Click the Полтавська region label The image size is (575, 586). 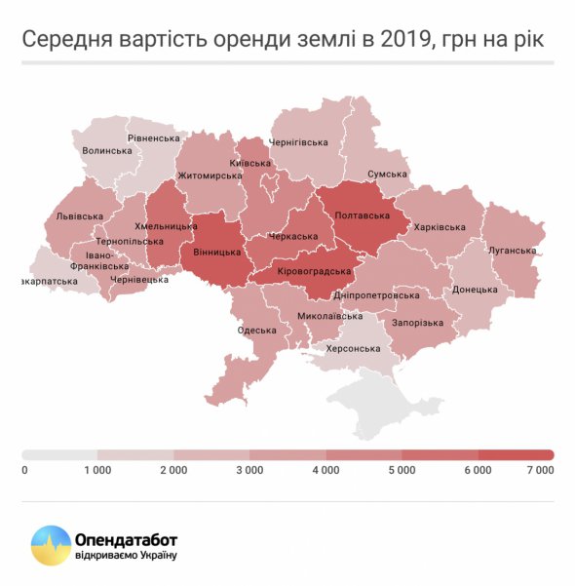[363, 215]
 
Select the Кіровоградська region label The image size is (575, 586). [314, 270]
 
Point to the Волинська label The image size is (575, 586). [107, 151]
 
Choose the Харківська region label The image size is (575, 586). [440, 227]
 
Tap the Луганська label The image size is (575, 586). [511, 251]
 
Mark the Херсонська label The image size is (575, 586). [354, 348]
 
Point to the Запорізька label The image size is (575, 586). [417, 323]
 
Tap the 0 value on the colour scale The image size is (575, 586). [24, 470]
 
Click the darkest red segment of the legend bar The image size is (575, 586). [516, 454]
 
